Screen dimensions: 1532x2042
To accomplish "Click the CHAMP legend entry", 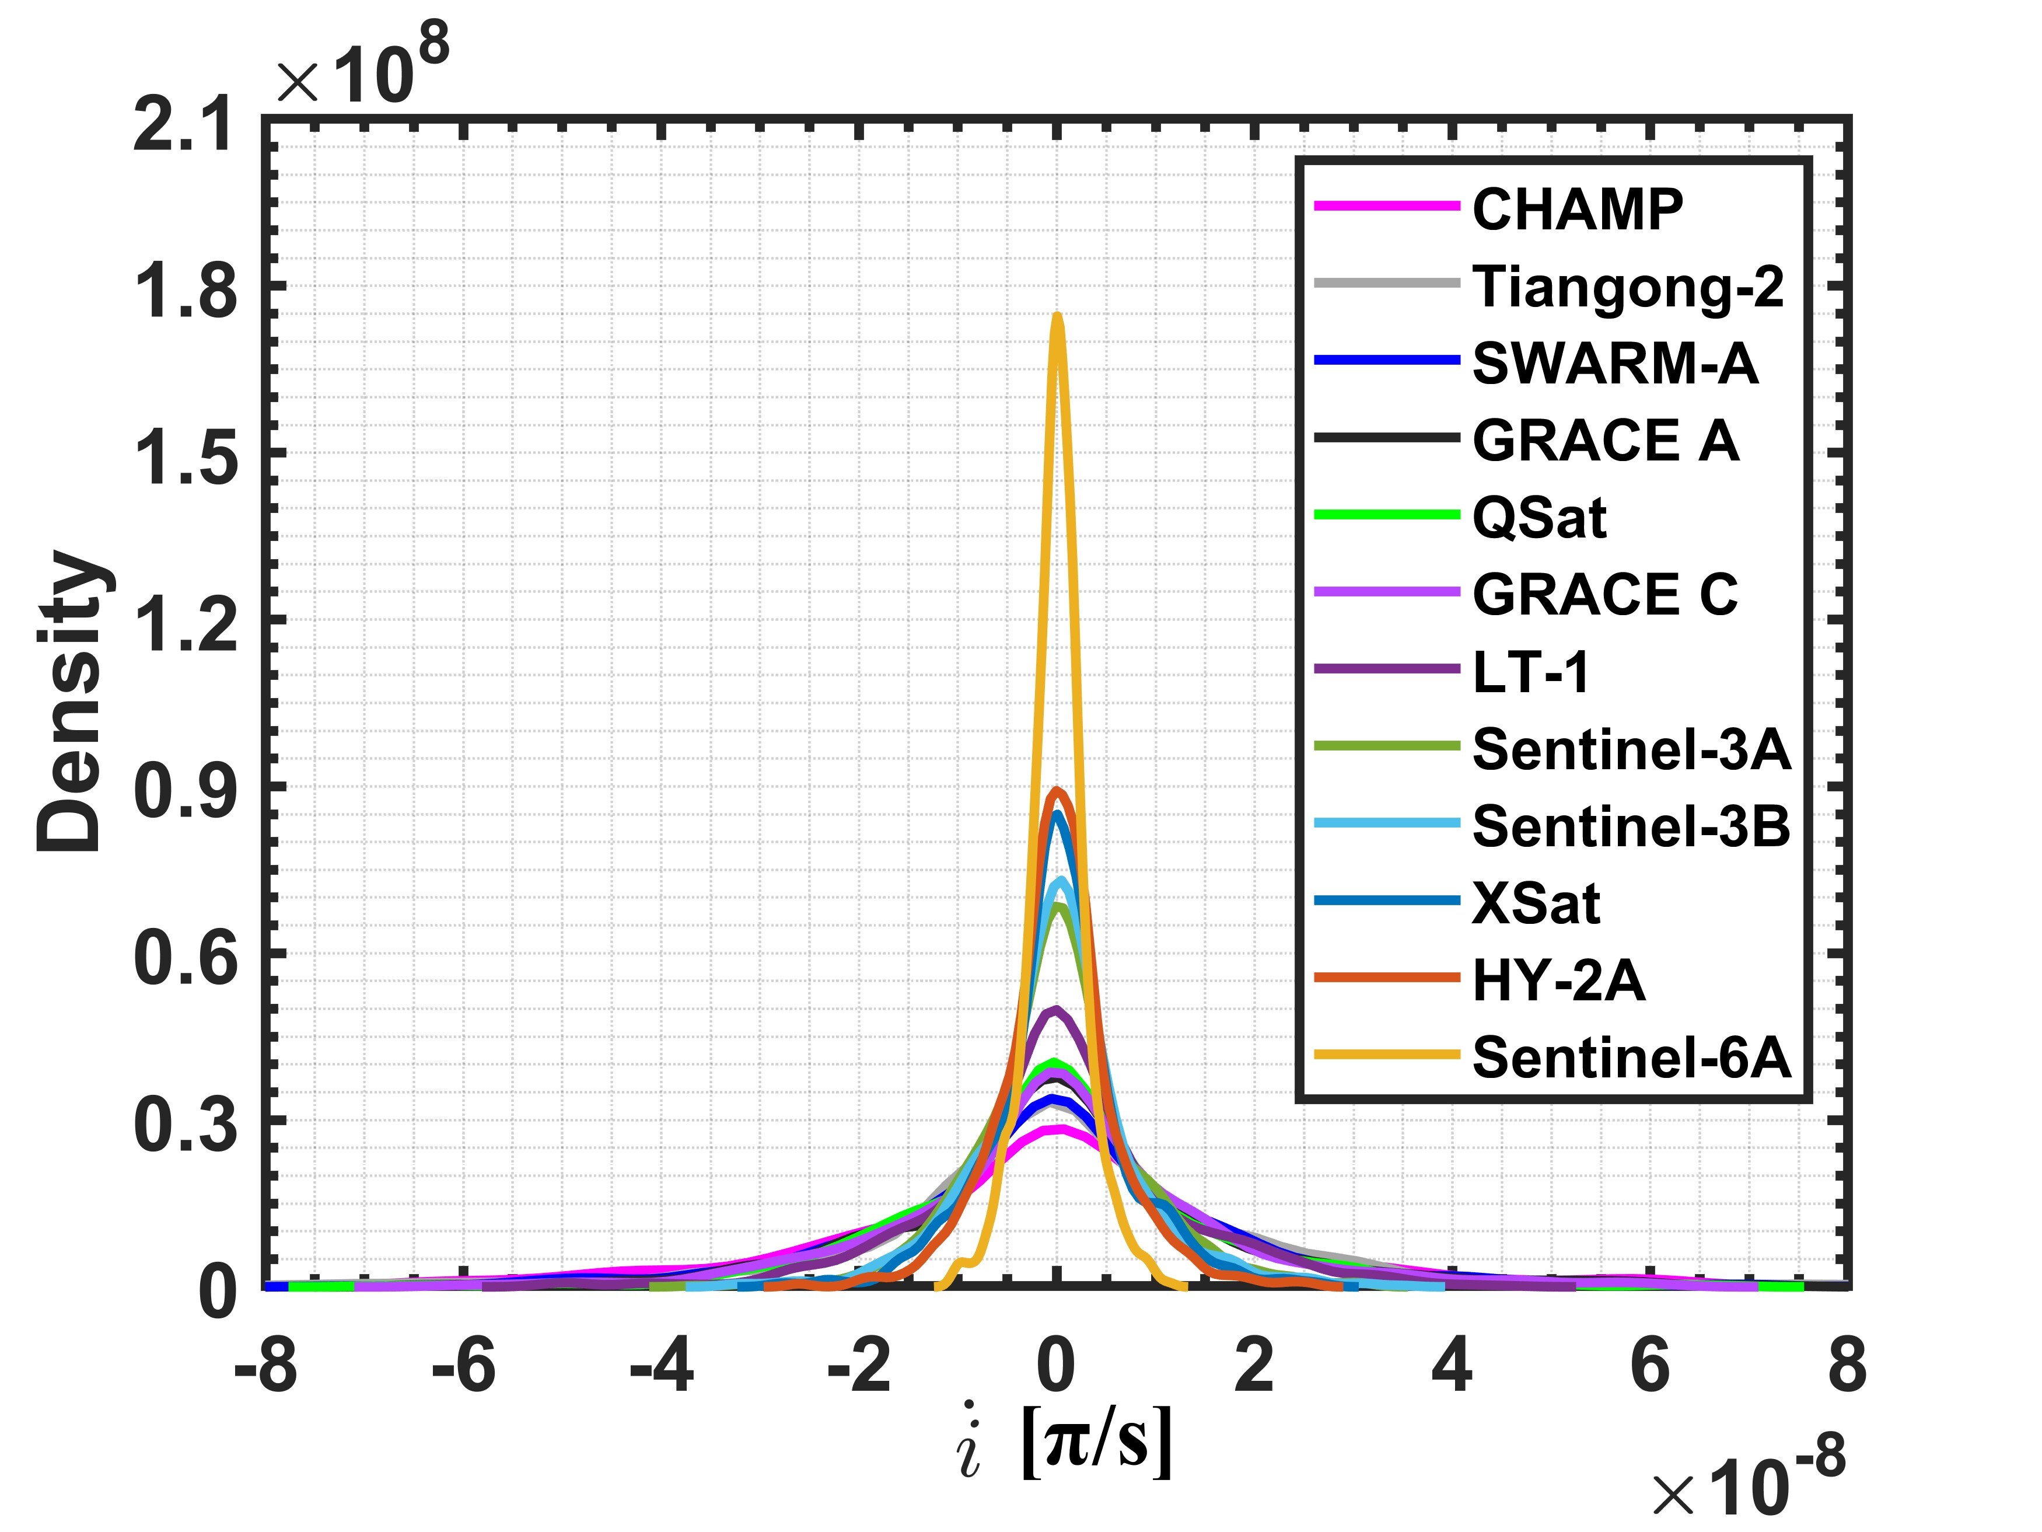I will click(x=1577, y=209).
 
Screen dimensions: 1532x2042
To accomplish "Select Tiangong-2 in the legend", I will click(x=1628, y=287).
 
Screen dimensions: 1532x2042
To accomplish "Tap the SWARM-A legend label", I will click(x=1614, y=363).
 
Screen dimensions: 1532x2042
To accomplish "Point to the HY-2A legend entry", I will click(x=1558, y=980).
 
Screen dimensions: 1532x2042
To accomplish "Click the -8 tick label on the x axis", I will click(x=266, y=1367).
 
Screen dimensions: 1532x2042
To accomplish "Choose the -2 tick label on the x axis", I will click(x=859, y=1367).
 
